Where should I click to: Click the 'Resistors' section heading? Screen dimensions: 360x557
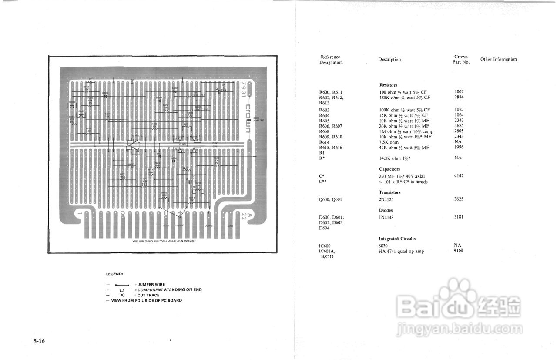[388, 85]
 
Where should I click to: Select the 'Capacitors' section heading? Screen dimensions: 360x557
[389, 169]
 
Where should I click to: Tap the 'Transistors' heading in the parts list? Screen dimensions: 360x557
[390, 192]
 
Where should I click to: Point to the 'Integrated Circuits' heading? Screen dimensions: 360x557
[397, 239]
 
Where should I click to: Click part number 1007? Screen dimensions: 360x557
[459, 92]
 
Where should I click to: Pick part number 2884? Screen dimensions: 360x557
[459, 97]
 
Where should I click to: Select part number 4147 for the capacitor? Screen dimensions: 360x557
[459, 176]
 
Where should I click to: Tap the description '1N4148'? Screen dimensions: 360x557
[386, 217]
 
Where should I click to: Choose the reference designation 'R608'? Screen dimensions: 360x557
[324, 131]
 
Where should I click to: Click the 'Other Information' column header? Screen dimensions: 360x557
[498, 59]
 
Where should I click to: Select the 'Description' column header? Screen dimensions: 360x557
[389, 60]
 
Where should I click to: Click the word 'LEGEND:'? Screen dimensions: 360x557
[114, 274]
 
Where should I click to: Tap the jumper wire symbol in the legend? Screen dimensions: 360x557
[122, 285]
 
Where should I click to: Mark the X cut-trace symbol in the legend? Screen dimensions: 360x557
[122, 295]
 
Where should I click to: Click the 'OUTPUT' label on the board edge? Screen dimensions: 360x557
[209, 226]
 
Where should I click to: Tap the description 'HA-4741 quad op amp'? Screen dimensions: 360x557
[401, 251]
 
